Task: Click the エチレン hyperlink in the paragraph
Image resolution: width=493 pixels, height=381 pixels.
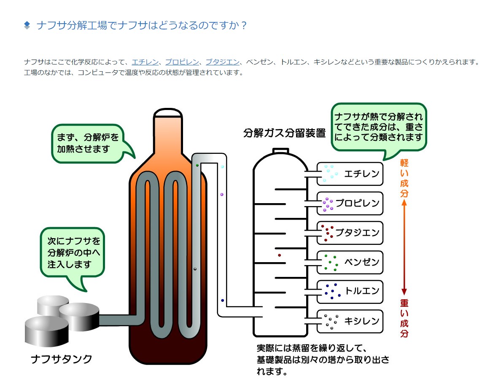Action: point(144,62)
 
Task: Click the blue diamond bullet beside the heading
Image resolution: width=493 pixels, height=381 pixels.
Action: point(27,25)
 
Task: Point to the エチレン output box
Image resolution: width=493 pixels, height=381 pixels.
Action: point(350,174)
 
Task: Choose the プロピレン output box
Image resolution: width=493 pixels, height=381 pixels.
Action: point(350,203)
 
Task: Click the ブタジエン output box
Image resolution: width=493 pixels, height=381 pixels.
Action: point(350,233)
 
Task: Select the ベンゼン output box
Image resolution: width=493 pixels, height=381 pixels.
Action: point(350,262)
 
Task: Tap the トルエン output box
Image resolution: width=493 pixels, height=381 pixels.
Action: point(350,291)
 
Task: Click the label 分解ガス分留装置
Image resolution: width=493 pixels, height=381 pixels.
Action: point(285,133)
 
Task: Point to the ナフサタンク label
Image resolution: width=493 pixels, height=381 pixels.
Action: point(62,359)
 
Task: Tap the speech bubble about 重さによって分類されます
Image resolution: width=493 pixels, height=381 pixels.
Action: point(378,126)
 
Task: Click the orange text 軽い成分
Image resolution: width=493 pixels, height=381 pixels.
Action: point(404,178)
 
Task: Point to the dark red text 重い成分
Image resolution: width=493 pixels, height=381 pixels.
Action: point(404,318)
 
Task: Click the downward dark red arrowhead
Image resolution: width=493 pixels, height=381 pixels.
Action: point(404,292)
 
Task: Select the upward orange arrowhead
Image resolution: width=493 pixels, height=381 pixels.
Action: point(404,203)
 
